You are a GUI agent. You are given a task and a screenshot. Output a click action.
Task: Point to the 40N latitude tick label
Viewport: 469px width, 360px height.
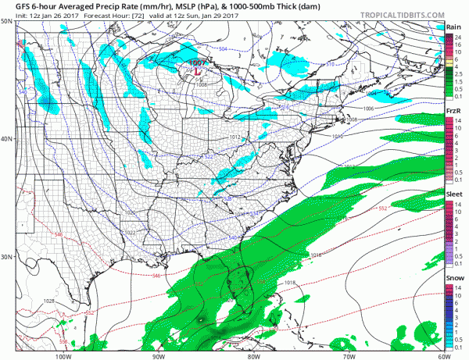(x=7, y=139)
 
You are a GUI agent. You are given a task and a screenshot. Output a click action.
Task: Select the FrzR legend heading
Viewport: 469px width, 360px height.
(x=451, y=112)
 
